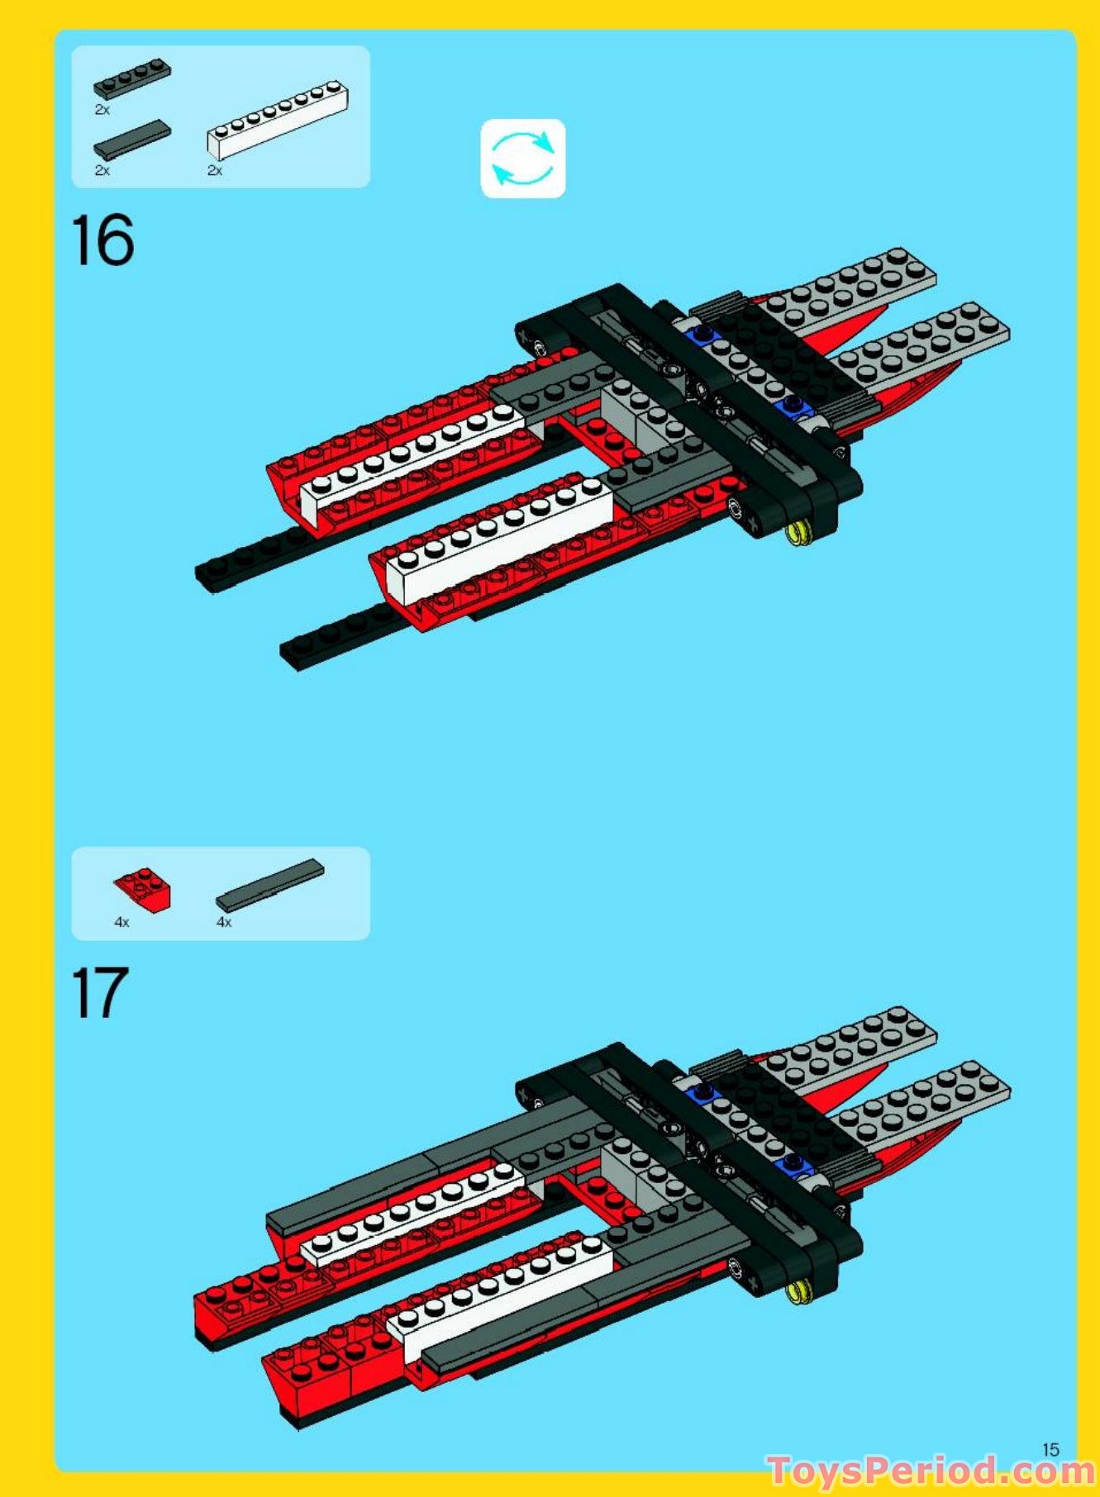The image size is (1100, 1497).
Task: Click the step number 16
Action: pos(102,240)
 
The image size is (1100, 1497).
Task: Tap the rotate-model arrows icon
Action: pos(523,158)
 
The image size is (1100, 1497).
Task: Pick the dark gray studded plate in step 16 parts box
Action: pos(132,78)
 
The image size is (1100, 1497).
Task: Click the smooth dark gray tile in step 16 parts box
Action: pos(132,140)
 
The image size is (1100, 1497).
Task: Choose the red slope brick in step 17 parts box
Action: pos(143,890)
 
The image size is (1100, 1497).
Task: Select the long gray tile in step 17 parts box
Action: pos(270,884)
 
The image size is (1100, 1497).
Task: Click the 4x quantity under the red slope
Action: pos(121,922)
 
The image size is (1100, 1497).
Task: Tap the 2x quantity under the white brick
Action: pos(215,171)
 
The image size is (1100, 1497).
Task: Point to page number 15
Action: pos(1050,1449)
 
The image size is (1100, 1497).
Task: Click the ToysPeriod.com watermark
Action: pos(931,1471)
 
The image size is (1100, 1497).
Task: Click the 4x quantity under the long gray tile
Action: pos(224,922)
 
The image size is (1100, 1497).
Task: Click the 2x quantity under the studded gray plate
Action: pos(102,109)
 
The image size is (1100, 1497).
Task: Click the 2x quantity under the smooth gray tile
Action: pos(102,171)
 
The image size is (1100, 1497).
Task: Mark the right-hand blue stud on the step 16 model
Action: pos(793,405)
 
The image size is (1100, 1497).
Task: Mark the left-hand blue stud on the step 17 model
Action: pos(703,1093)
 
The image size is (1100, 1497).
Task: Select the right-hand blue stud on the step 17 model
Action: pos(793,1163)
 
